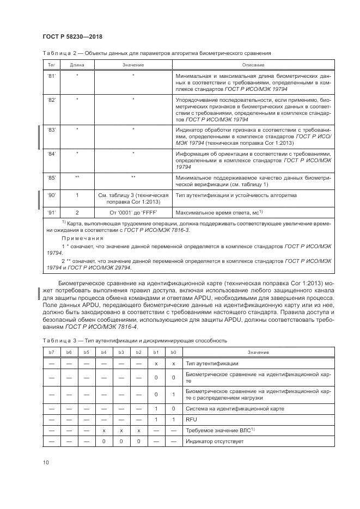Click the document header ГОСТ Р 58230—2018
pos(72,36)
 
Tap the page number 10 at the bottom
pos(46,462)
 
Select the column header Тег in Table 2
pos(52,64)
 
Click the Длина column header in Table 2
pos(77,64)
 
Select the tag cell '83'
pos(52,130)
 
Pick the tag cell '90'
pos(52,195)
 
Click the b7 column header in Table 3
pos(52,352)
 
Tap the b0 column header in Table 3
pos(173,352)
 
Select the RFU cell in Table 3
pos(192,419)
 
